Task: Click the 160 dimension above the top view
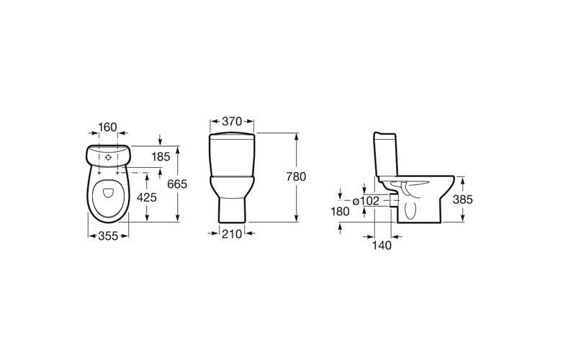coord(107,127)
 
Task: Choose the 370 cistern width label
coord(232,122)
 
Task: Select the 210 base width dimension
coord(232,233)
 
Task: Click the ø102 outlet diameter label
coord(366,201)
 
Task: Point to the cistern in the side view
coord(384,155)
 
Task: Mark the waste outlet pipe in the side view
coord(392,201)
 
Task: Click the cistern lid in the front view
coord(232,136)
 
